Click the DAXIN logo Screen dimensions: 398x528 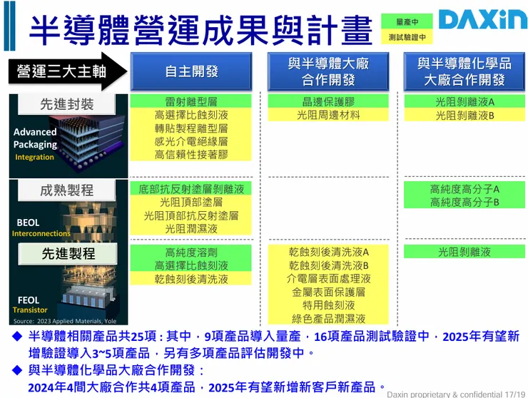coord(482,20)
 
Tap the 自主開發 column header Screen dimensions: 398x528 coord(191,71)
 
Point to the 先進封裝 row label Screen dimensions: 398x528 coord(66,104)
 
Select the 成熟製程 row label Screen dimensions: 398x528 coord(66,190)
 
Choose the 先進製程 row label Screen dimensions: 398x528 coord(66,253)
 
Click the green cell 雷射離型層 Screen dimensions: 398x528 coord(191,101)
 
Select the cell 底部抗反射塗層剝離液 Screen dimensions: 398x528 coord(191,189)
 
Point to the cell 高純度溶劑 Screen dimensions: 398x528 coord(191,252)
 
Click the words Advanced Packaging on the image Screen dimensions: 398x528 coord(35,138)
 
